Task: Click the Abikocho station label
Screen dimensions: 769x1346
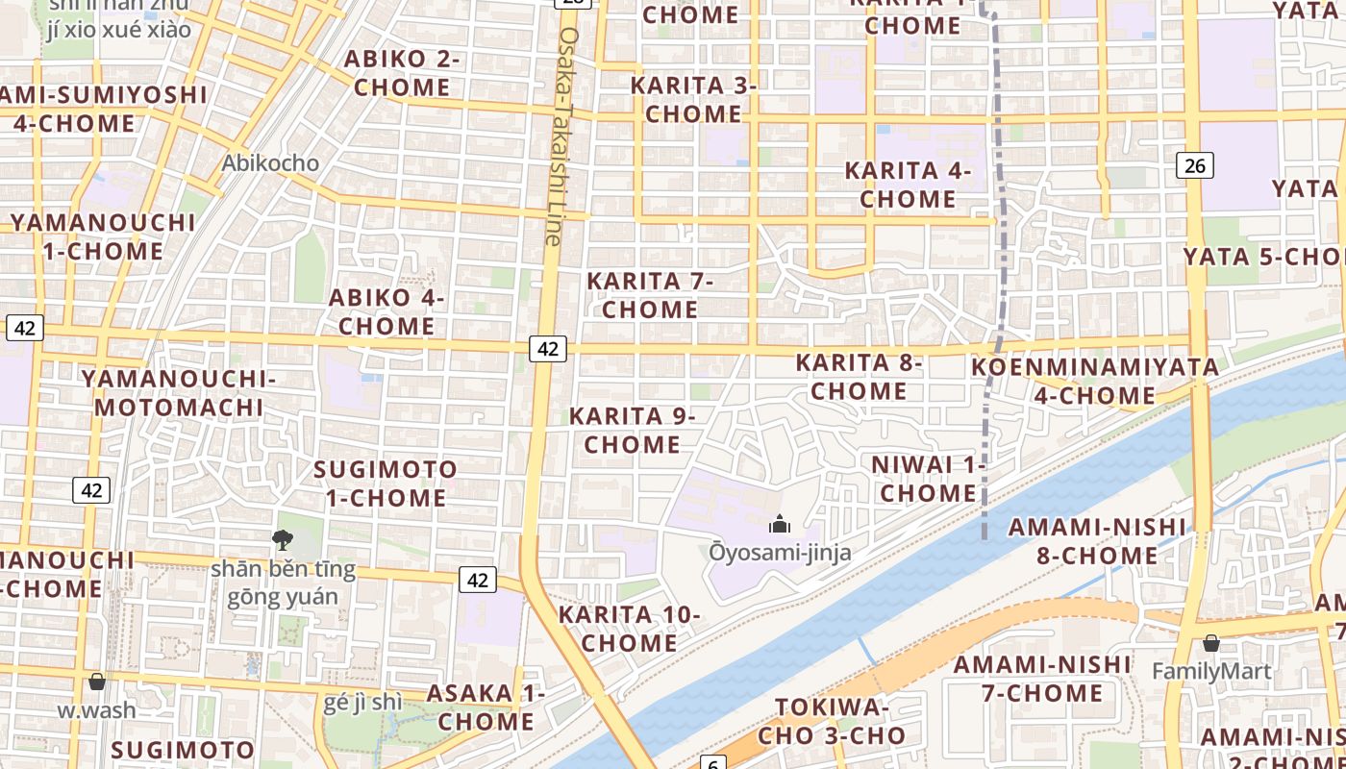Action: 270,162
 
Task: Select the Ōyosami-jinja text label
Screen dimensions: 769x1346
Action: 780,552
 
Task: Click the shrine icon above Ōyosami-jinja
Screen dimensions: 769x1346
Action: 779,524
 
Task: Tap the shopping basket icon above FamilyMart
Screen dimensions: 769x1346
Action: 1210,643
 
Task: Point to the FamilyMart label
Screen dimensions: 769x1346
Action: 1211,671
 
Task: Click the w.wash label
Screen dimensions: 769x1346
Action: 96,710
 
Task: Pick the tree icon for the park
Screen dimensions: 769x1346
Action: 283,540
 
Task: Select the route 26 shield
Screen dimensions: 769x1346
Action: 1194,165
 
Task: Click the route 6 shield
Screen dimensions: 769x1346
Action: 712,763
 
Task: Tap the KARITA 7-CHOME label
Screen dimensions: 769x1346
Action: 650,295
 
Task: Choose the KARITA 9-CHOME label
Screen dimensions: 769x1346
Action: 632,430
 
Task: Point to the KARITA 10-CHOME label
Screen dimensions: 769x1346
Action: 630,629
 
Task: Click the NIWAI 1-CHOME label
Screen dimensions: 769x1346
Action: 928,479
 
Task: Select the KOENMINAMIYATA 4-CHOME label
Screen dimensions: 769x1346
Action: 1094,381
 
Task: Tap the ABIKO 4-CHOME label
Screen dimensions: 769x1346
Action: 386,311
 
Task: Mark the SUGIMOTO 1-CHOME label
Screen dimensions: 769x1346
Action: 386,484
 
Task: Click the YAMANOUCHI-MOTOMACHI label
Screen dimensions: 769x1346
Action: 178,392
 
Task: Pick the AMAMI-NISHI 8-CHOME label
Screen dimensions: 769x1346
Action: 1097,540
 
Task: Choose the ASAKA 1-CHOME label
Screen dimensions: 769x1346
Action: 486,707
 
